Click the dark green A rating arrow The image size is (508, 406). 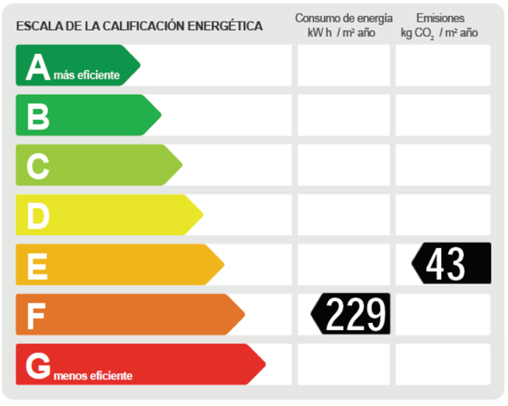(x=76, y=65)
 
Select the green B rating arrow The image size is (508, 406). (x=86, y=115)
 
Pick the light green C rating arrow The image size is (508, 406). (x=97, y=165)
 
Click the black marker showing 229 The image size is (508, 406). (x=352, y=314)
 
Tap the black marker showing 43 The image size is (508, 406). (x=452, y=263)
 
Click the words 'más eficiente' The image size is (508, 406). (x=87, y=76)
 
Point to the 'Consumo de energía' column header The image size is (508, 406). (x=343, y=19)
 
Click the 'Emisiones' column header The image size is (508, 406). (x=440, y=18)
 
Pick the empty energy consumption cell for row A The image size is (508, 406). (x=343, y=65)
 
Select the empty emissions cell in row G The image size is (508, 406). (x=443, y=364)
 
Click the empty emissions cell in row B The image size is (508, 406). (x=443, y=115)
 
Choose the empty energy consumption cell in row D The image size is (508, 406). (x=343, y=215)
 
